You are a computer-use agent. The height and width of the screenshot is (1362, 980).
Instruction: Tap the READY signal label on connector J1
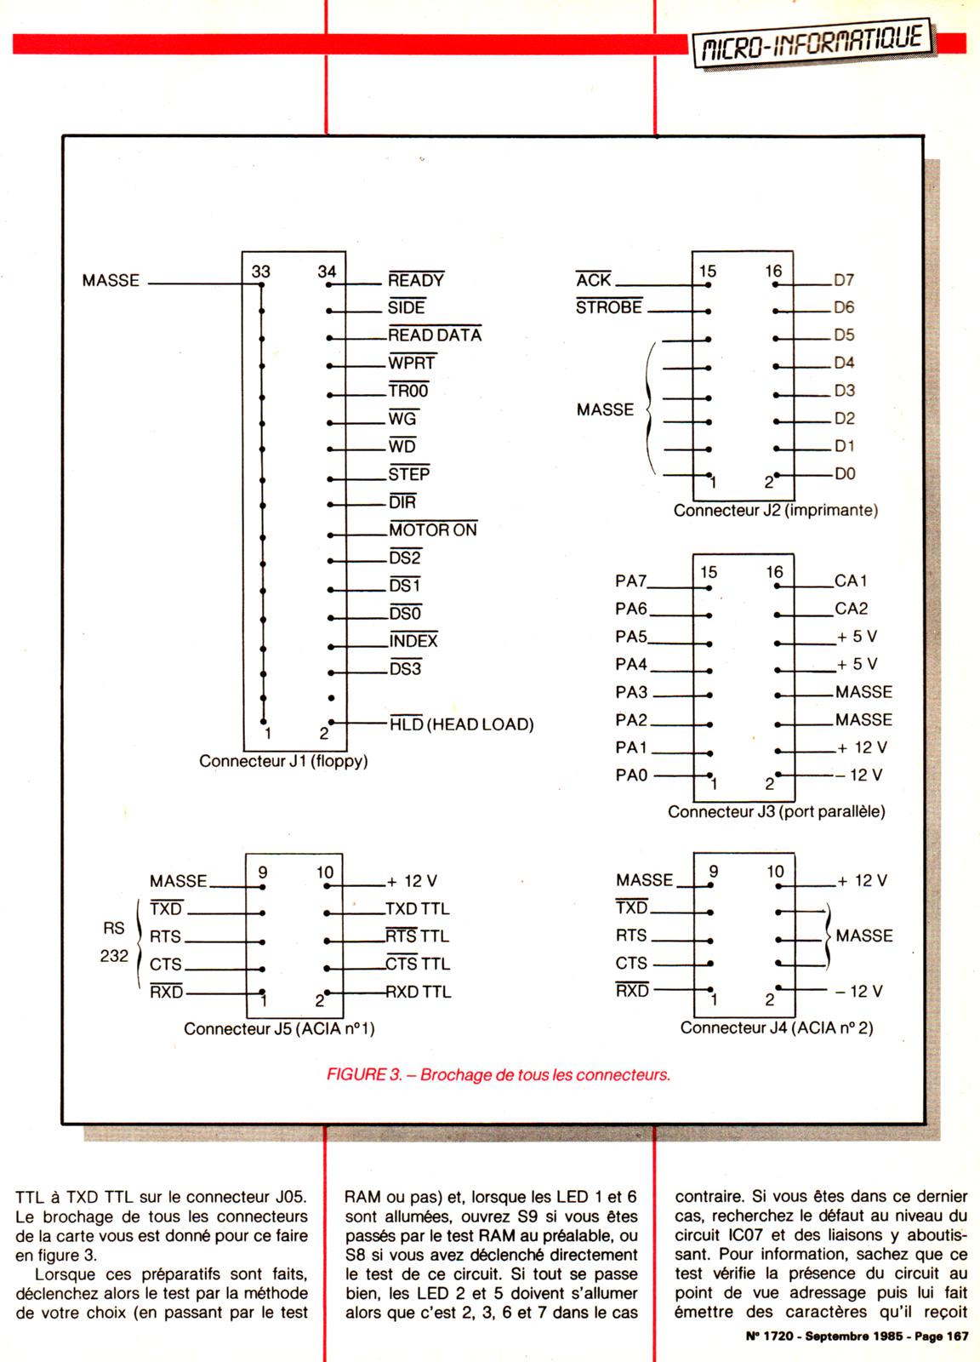coord(416,280)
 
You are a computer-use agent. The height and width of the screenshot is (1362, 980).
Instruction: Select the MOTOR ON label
coord(433,529)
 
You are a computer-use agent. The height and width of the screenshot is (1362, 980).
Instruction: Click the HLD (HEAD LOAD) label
coord(461,724)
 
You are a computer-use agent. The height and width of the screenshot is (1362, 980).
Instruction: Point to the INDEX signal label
coord(413,641)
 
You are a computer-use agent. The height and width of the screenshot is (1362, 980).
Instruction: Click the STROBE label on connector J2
coord(608,307)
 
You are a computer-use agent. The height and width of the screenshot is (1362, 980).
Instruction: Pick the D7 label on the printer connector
coord(844,280)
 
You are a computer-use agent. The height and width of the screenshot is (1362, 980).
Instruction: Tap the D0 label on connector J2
coord(844,474)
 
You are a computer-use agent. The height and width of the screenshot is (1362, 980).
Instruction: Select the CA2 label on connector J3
coord(851,609)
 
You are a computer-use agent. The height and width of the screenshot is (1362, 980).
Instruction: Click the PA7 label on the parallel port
coord(630,581)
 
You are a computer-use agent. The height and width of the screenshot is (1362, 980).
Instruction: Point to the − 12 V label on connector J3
coord(858,775)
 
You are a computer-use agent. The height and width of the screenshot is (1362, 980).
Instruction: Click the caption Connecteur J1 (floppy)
coord(283,761)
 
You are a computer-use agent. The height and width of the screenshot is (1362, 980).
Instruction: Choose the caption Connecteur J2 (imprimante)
coord(775,511)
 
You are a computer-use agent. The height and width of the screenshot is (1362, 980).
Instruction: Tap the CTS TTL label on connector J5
coord(418,964)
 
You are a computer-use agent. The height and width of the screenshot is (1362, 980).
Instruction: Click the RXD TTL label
coord(418,992)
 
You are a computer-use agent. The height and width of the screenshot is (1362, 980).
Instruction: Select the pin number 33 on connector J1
coord(261,272)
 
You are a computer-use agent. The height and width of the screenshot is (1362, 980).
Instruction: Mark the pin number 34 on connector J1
coord(327,272)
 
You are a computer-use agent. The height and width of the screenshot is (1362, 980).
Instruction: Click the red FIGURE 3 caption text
coord(499,1074)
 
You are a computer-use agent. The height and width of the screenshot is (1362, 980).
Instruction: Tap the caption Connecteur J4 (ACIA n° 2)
coord(776,1028)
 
